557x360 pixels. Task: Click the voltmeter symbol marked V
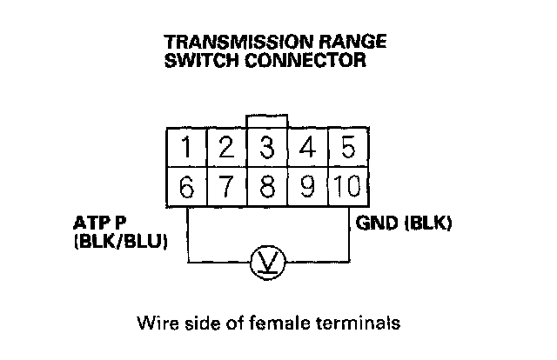coord(261,262)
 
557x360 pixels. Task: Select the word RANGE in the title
coord(344,43)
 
